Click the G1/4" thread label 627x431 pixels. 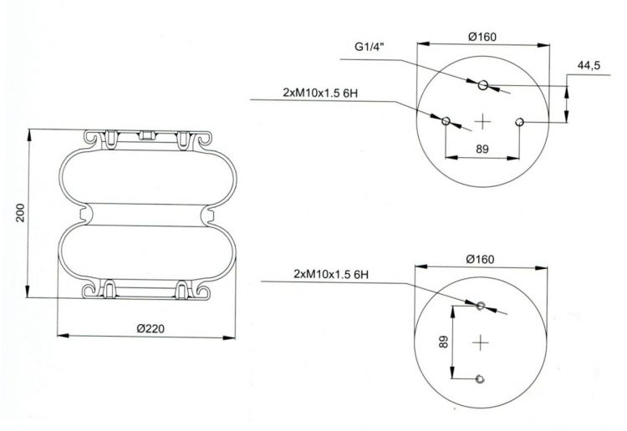click(x=369, y=47)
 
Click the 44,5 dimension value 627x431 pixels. click(x=589, y=65)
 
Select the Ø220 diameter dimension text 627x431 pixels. click(x=150, y=328)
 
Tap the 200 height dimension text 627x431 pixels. click(x=20, y=213)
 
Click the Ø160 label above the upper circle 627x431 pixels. click(x=482, y=37)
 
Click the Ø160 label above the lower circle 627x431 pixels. click(x=480, y=259)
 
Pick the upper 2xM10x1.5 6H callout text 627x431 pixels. click(x=320, y=93)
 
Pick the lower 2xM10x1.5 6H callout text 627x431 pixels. click(x=331, y=274)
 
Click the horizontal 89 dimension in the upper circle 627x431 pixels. click(x=482, y=149)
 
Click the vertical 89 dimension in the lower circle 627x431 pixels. click(x=443, y=342)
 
